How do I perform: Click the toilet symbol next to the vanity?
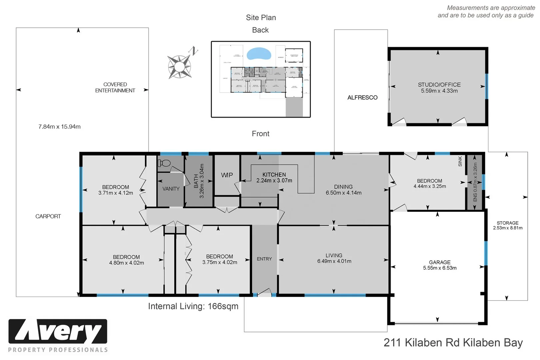(x=164, y=163)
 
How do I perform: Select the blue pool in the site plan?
(x=259, y=54)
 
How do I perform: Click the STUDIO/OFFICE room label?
(x=439, y=85)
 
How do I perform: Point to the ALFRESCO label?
(x=362, y=98)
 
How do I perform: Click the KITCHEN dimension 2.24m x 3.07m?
(x=274, y=181)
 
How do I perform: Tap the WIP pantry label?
(x=227, y=175)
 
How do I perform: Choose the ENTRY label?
(x=264, y=259)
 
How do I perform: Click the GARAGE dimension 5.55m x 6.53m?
(x=440, y=268)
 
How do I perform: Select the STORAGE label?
(x=507, y=223)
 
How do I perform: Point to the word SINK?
(x=460, y=161)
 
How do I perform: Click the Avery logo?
(x=58, y=332)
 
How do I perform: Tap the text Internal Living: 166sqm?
(x=193, y=306)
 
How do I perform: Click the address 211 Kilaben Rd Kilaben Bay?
(x=453, y=343)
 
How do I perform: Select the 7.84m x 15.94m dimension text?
(x=59, y=127)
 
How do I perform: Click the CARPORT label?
(x=48, y=216)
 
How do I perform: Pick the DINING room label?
(x=343, y=187)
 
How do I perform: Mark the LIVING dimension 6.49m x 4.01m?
(x=334, y=261)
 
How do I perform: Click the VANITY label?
(x=171, y=189)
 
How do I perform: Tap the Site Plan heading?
(x=261, y=18)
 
